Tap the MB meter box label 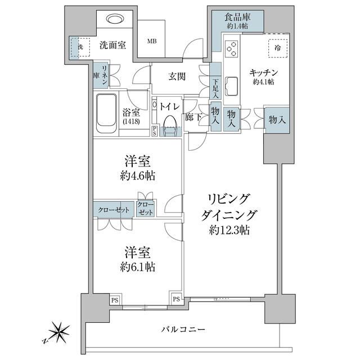tap(152, 41)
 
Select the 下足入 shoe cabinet tap(215, 88)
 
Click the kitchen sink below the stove tap(231, 87)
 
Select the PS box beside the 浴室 tap(155, 130)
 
